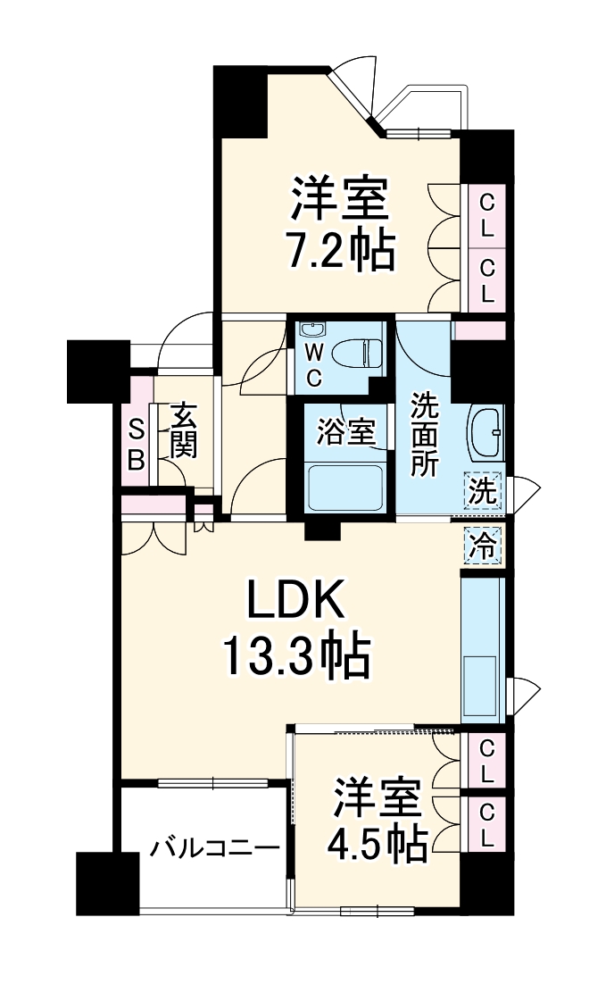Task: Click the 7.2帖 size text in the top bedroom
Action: click(x=339, y=254)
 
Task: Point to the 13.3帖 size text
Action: click(x=295, y=659)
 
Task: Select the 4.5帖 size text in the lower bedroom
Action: click(x=378, y=845)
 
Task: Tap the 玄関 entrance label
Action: click(x=183, y=430)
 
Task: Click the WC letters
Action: click(x=314, y=366)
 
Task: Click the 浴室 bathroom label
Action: click(x=345, y=431)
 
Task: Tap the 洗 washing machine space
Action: click(x=482, y=490)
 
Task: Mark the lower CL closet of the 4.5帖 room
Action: click(x=487, y=825)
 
